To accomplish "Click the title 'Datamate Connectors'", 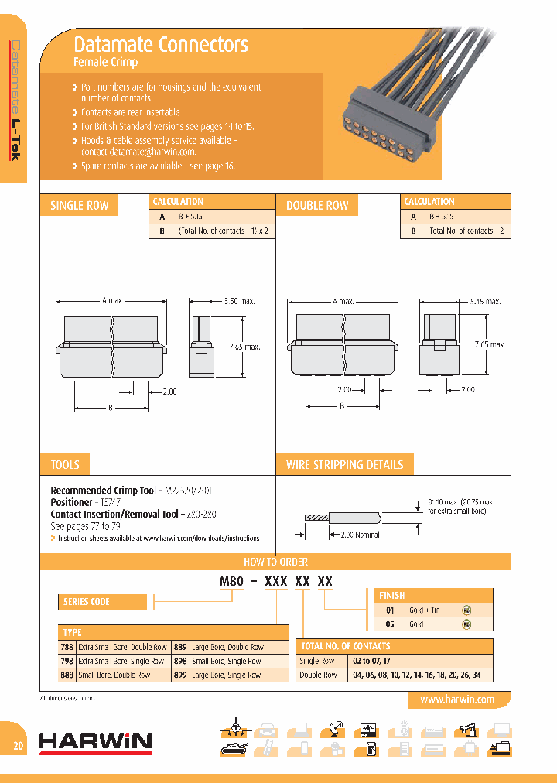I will tap(160, 44).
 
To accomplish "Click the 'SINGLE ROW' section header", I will tap(79, 206).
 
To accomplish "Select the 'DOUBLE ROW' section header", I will tap(317, 206).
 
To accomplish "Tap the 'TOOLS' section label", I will tap(65, 464).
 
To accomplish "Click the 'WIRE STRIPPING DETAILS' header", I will tap(344, 464).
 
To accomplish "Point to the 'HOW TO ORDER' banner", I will tap(276, 562).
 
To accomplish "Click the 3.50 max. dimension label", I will tap(240, 301).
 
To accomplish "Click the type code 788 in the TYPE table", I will tap(67, 647).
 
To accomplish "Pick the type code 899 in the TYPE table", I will tap(181, 675).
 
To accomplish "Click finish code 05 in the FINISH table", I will tap(391, 624).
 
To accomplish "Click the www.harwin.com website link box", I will tap(456, 699).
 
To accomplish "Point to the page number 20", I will tap(18, 746).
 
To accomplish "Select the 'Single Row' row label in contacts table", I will tap(317, 661).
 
